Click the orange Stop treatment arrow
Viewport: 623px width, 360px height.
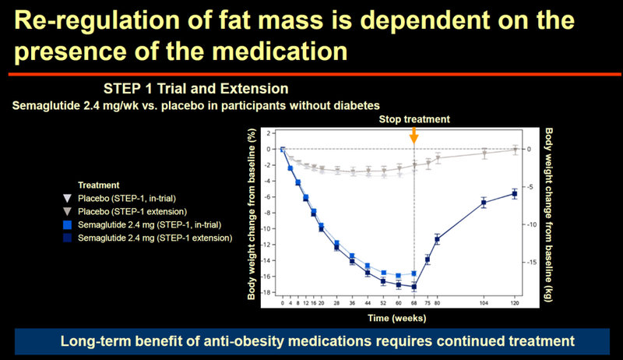click(414, 136)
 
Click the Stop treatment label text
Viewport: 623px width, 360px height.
click(415, 119)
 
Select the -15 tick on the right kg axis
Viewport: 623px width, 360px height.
click(534, 263)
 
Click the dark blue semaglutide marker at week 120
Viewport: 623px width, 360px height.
click(514, 193)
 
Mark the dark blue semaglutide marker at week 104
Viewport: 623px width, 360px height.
click(484, 203)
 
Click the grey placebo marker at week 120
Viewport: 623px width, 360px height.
click(514, 149)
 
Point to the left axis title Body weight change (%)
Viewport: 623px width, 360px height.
click(250, 215)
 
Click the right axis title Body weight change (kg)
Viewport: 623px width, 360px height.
click(549, 215)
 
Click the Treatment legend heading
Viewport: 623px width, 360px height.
click(99, 186)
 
